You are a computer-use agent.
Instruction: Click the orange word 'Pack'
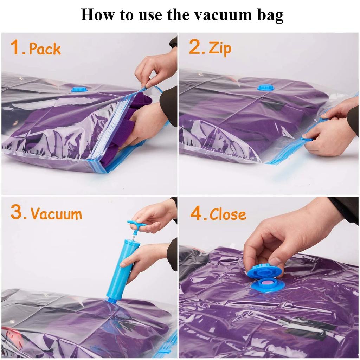[45, 49]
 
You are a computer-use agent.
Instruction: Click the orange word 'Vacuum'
[56, 214]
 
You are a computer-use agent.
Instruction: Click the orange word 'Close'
[228, 214]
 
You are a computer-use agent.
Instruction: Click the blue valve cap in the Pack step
[79, 89]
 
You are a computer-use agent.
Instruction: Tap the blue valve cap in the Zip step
[265, 88]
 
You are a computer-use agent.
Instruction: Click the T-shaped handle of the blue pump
[136, 224]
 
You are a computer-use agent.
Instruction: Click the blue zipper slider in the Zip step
[306, 139]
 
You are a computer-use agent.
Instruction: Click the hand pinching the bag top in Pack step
[155, 70]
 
